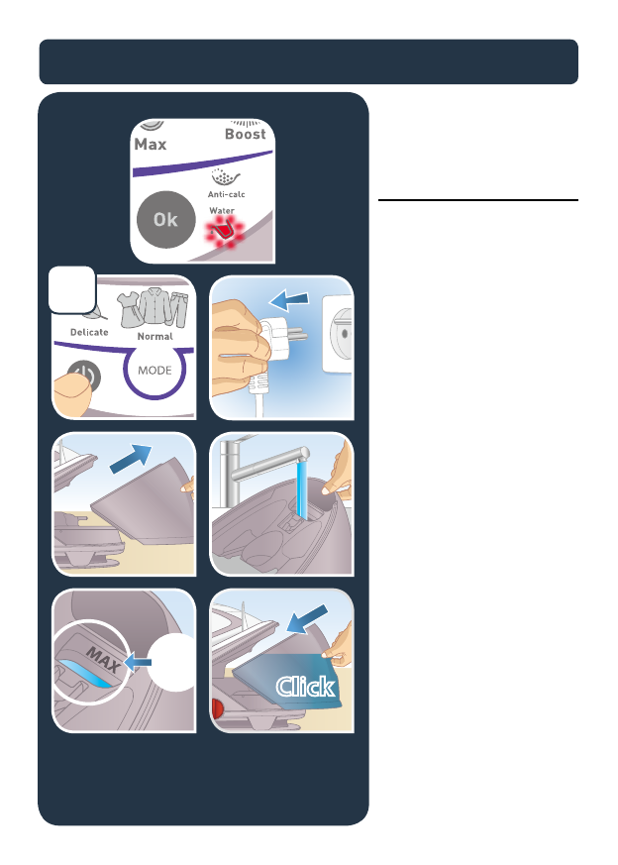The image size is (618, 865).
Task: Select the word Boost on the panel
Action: (245, 134)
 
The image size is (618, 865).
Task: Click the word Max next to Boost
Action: (151, 145)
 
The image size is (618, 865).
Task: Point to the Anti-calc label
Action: (227, 194)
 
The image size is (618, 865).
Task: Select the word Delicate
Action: (89, 332)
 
